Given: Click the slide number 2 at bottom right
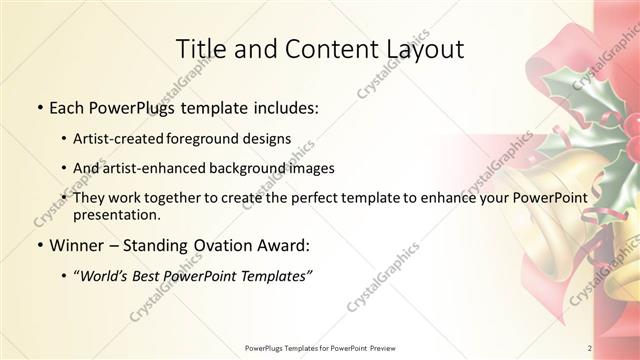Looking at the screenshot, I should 590,348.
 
